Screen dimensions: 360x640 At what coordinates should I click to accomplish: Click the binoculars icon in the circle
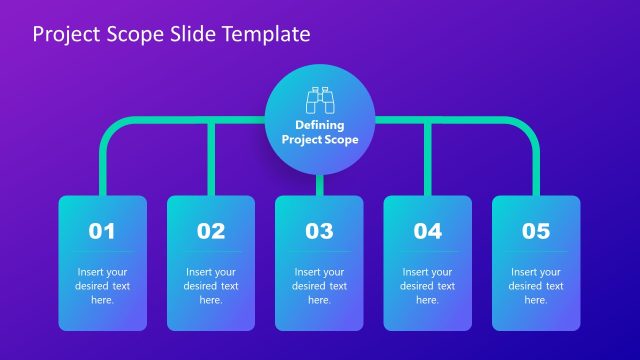[x=319, y=101]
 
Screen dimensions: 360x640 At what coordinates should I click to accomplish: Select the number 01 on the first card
[x=102, y=231]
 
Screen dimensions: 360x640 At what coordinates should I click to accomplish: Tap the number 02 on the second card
[x=211, y=231]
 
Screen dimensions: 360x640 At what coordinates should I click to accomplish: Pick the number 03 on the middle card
[x=319, y=231]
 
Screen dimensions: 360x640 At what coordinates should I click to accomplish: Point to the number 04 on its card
[x=428, y=231]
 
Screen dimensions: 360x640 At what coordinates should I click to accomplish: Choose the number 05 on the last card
[x=536, y=231]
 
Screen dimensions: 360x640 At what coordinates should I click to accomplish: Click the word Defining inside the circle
[x=319, y=125]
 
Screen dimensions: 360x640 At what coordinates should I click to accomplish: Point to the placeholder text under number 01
[x=102, y=285]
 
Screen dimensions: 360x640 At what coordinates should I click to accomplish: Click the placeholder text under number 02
[x=211, y=285]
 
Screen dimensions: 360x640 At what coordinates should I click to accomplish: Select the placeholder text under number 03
[x=319, y=285]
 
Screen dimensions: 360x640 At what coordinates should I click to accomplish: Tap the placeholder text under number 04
[x=428, y=285]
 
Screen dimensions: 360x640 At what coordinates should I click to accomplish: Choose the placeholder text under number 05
[x=536, y=285]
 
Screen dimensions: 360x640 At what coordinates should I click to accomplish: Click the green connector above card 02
[x=211, y=160]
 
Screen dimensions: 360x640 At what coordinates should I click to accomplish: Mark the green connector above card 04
[x=428, y=160]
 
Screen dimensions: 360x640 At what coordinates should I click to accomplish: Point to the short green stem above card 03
[x=319, y=185]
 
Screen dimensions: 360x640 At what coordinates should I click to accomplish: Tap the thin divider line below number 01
[x=102, y=251]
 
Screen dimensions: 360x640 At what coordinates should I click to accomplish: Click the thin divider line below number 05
[x=536, y=251]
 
